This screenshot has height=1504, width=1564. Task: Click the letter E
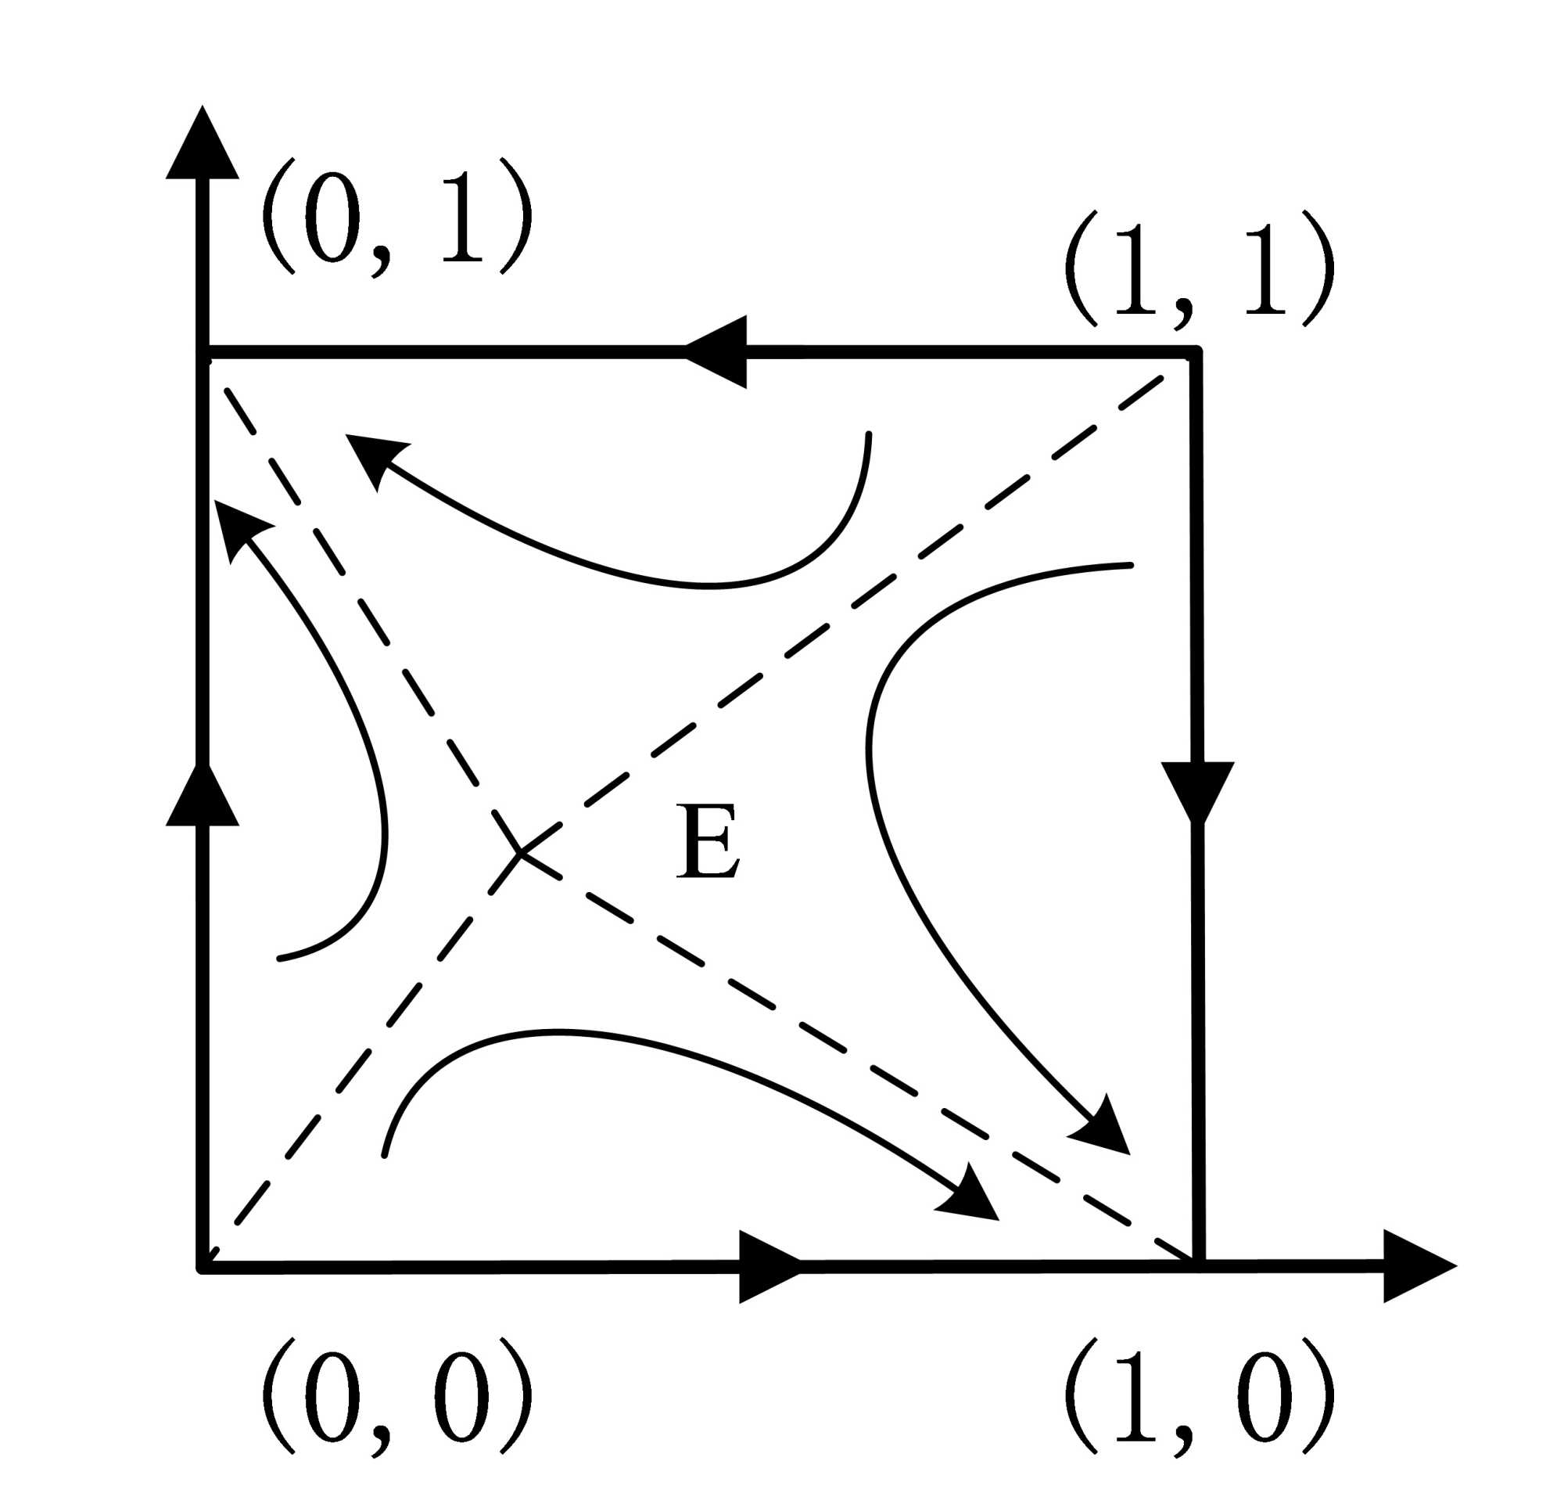(707, 842)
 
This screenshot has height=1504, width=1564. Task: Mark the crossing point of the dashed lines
(520, 853)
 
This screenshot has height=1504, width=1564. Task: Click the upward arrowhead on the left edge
(203, 798)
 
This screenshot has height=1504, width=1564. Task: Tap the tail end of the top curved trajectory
(868, 435)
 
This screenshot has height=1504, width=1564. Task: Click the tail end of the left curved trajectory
(279, 958)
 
